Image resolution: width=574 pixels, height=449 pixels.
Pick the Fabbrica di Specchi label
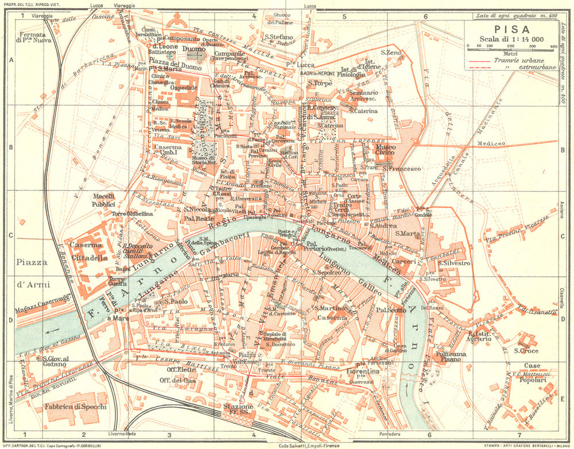[x=75, y=407]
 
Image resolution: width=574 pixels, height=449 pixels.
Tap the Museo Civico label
[x=393, y=150]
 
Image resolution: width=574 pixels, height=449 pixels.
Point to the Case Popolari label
[x=532, y=373]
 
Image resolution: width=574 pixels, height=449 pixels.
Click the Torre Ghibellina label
[x=133, y=214]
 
